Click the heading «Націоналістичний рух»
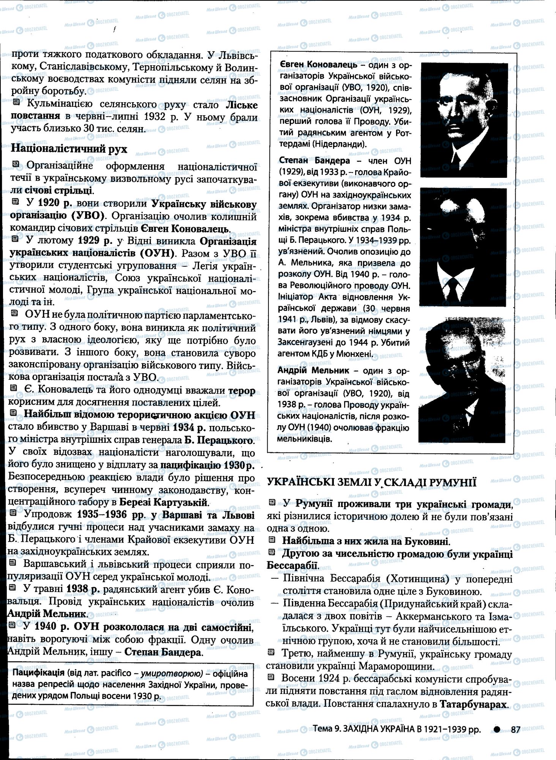(x=69, y=149)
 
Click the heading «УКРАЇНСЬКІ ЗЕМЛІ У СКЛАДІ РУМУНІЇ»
(x=371, y=482)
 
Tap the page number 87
(x=515, y=729)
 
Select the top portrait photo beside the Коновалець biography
(x=464, y=120)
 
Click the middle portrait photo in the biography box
(x=463, y=247)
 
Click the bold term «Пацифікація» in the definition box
(x=38, y=673)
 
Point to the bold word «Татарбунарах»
(x=473, y=704)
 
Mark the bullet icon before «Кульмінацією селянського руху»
(x=16, y=102)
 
